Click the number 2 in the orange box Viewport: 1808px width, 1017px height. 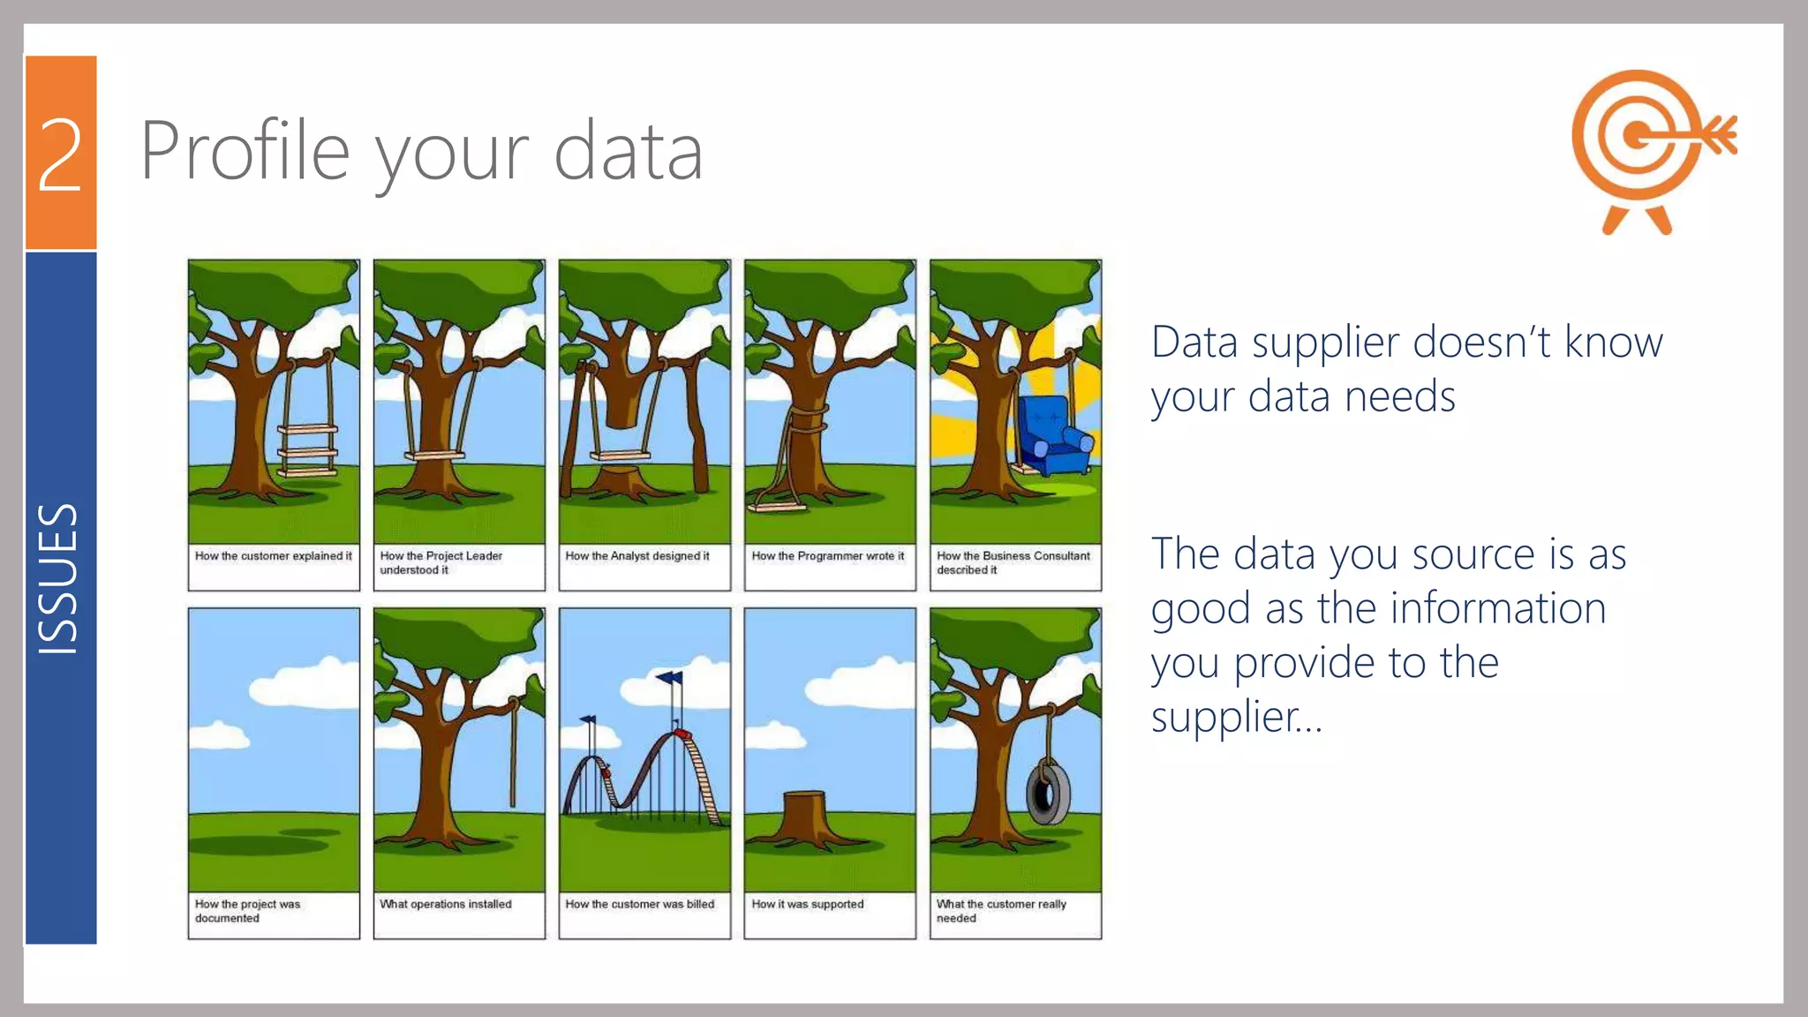pos(60,154)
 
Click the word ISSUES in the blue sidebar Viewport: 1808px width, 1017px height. pos(58,579)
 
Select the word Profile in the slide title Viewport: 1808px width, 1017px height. pos(245,152)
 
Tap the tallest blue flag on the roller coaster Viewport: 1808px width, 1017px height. pos(670,678)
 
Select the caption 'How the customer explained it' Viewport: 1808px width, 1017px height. pos(273,556)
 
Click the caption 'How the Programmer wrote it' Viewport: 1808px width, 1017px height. pos(827,556)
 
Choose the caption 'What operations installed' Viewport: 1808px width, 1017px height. pos(445,904)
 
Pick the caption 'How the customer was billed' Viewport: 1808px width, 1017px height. pos(639,904)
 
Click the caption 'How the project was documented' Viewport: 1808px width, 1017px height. pos(247,911)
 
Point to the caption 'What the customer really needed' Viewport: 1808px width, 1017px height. pos(1001,911)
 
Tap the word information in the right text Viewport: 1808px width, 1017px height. pos(1497,608)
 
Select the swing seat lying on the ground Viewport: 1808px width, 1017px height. pos(778,508)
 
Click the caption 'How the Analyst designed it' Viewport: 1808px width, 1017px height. pos(637,556)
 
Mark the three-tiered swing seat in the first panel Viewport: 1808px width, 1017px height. pos(307,450)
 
